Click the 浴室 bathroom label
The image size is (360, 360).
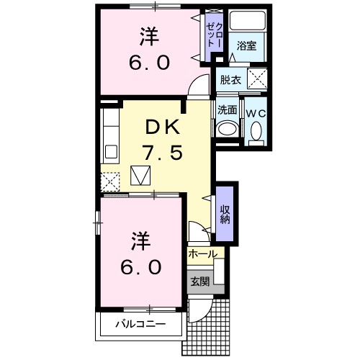[x=246, y=45]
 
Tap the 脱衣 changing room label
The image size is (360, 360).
[x=231, y=79]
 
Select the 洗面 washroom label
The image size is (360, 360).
[x=228, y=110]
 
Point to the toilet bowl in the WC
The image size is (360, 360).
[x=256, y=130]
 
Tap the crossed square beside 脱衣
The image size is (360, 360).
[x=258, y=78]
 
